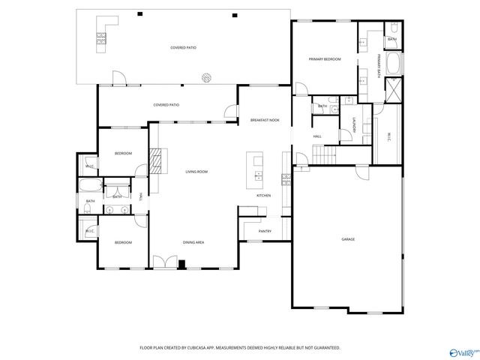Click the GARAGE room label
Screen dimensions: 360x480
click(x=348, y=239)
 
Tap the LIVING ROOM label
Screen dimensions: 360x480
click(x=196, y=172)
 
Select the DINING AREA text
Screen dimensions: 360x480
click(x=193, y=242)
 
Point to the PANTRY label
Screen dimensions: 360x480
click(x=265, y=231)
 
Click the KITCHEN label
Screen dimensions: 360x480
click(x=263, y=196)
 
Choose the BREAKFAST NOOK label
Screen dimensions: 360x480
click(x=265, y=120)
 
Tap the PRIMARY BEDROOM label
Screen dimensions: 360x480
click(x=325, y=59)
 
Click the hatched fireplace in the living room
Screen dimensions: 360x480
click(x=155, y=160)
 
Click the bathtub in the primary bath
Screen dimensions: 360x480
click(x=394, y=64)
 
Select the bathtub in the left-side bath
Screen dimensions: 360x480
click(x=89, y=187)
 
